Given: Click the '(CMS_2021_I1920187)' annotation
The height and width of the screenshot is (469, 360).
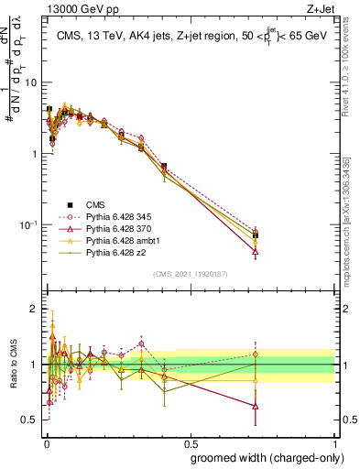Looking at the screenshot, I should tap(191, 273).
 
